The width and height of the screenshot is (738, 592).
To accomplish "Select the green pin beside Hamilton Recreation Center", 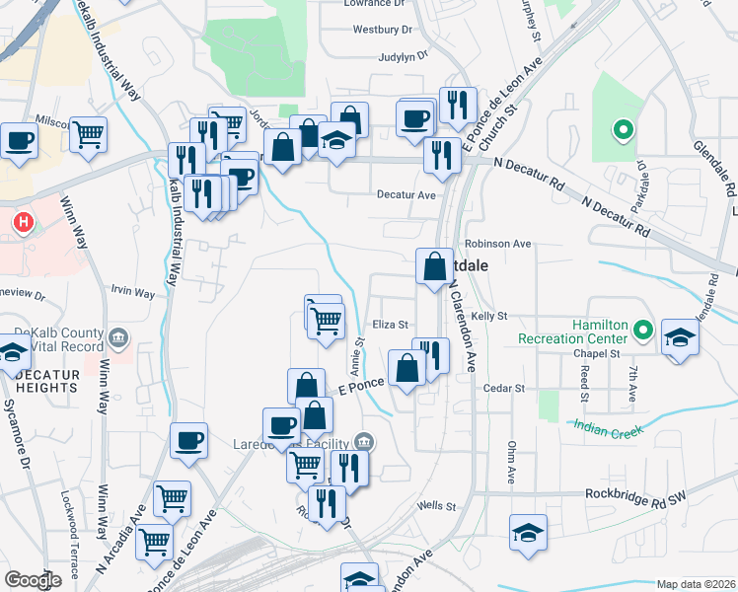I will click(x=643, y=330).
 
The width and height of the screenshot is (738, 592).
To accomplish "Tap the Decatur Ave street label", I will click(x=406, y=195).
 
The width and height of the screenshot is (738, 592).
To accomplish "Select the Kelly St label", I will click(x=488, y=316).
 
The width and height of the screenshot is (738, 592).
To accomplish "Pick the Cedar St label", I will click(x=504, y=389).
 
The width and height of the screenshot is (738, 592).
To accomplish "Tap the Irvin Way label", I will click(x=133, y=293).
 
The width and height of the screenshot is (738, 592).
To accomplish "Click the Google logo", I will click(x=34, y=580).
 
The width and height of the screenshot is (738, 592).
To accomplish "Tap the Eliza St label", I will click(x=390, y=324).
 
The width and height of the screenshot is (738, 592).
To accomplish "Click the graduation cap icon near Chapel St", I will click(x=679, y=336).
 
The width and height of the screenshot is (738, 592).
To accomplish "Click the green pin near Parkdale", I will click(x=623, y=129).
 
